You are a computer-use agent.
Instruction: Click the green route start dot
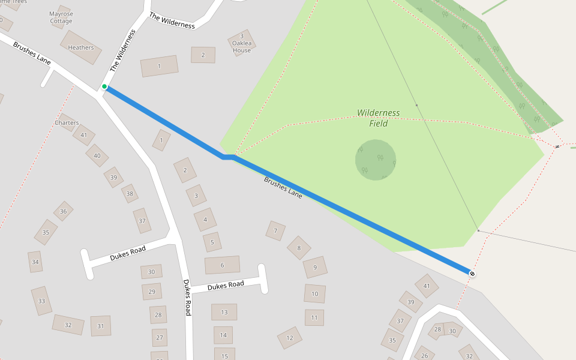coord(104,87)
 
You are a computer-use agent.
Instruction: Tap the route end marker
coord(472,274)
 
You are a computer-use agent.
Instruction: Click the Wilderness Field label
coord(378,118)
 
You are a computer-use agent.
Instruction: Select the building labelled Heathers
coord(81,47)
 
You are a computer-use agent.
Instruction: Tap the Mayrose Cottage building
coord(61,17)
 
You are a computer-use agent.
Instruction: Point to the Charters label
coord(67,123)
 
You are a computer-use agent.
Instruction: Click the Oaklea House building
coord(242,43)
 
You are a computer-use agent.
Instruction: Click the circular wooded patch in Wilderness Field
coord(376,160)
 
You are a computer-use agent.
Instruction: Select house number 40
coord(97,155)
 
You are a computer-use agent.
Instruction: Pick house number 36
coord(63,211)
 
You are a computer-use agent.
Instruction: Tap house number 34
coord(35,262)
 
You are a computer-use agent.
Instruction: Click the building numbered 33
coord(41,301)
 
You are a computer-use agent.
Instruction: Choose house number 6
coord(222,265)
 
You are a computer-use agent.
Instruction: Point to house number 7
coord(275,230)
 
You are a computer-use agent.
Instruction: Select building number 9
coord(315,268)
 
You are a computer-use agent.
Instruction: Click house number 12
coord(290,338)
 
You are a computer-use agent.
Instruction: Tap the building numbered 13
coord(224,312)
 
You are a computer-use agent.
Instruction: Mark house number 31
coord(100,326)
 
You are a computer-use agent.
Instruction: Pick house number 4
coord(205,220)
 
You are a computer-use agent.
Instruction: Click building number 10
coord(315,294)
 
